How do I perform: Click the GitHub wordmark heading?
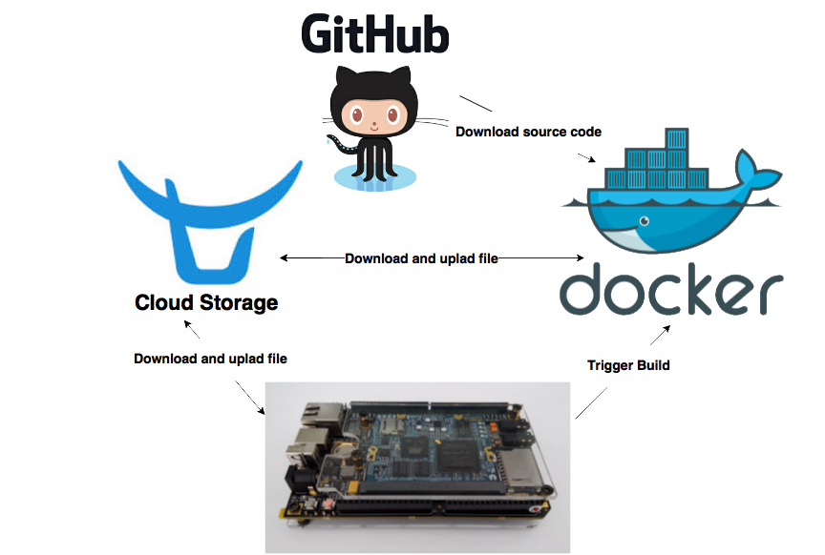click(x=375, y=34)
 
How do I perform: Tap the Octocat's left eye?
click(x=357, y=114)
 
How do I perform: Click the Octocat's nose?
click(x=374, y=125)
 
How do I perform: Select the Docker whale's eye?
click(x=644, y=221)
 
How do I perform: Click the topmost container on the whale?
click(x=677, y=138)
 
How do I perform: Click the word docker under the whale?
click(x=671, y=289)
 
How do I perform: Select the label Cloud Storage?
click(x=206, y=302)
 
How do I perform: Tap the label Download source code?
click(x=528, y=132)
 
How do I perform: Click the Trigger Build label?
click(x=628, y=365)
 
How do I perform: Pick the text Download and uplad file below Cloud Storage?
click(x=210, y=359)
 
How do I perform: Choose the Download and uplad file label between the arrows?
click(x=421, y=258)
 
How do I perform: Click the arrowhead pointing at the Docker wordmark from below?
click(x=666, y=329)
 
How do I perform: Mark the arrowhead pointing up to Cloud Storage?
click(x=188, y=324)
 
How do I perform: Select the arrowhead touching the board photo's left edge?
click(x=262, y=410)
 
